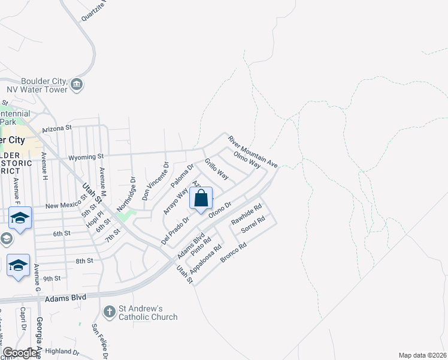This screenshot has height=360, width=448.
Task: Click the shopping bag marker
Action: pyautogui.click(x=201, y=198)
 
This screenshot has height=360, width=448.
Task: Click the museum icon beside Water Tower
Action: pyautogui.click(x=77, y=85)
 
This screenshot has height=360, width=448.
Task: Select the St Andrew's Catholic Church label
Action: pyautogui.click(x=148, y=313)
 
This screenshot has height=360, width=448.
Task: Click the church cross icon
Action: pyautogui.click(x=109, y=312)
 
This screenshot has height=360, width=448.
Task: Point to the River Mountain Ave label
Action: pyautogui.click(x=253, y=151)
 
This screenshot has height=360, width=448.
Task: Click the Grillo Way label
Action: pyautogui.click(x=216, y=169)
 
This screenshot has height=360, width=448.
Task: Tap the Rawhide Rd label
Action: pyautogui.click(x=247, y=215)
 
